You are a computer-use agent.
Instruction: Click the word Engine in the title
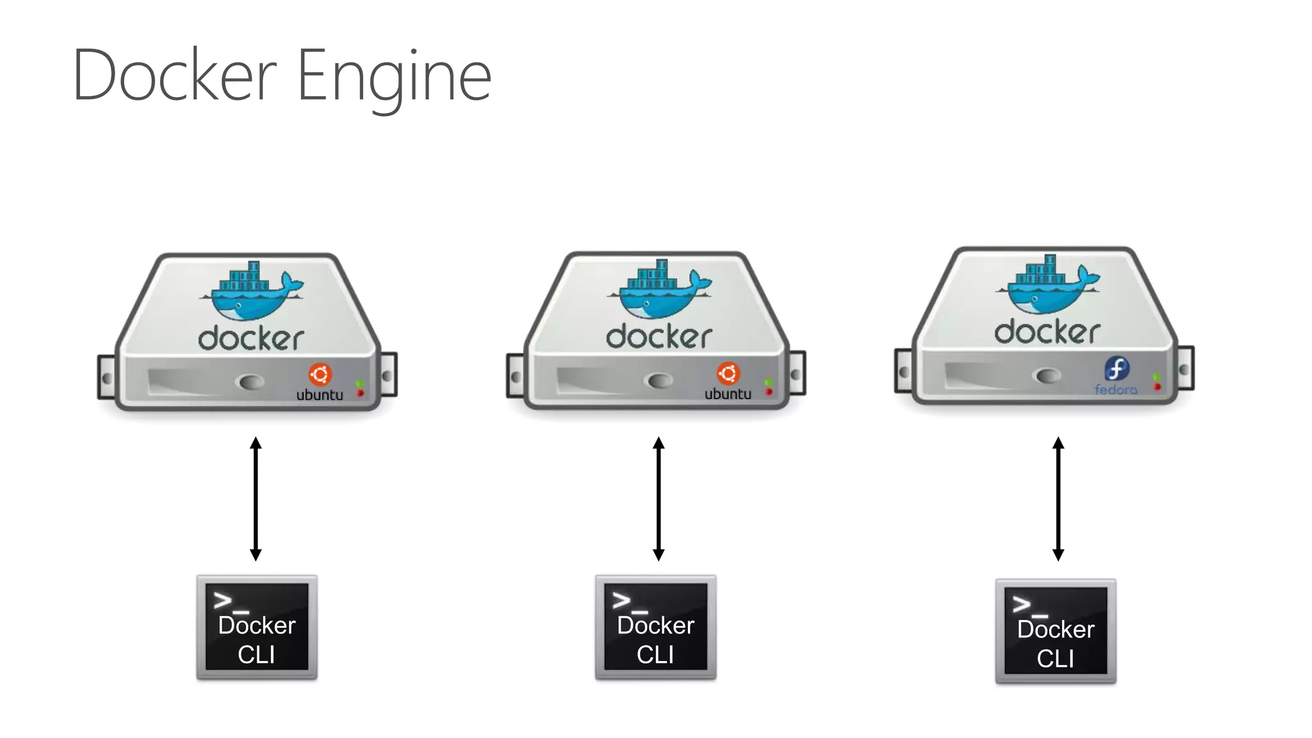[394, 77]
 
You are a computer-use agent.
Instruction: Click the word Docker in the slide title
[174, 76]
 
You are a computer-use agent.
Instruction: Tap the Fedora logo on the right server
[1117, 369]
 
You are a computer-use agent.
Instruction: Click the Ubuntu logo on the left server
[320, 374]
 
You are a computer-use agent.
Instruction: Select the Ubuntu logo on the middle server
[728, 373]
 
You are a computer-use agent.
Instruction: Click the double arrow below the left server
[256, 498]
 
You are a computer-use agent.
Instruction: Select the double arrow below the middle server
[659, 498]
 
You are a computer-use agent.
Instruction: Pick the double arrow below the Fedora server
[1058, 498]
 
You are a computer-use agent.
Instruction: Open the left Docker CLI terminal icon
[257, 627]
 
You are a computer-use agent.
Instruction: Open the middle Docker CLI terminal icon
[655, 627]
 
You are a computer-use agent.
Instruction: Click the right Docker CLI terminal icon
[1056, 631]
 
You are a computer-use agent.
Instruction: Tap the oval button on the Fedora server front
[1049, 375]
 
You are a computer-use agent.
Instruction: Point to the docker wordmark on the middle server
[659, 336]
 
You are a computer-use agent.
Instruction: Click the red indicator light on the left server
[361, 393]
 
